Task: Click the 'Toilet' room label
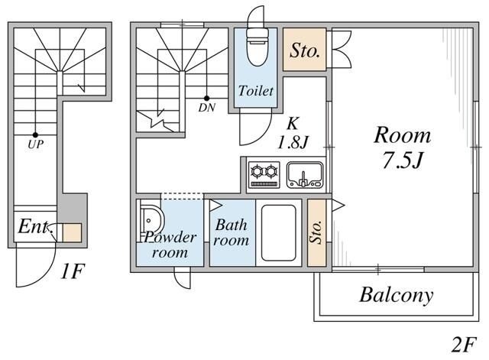pos(255,92)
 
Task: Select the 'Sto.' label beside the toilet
pos(305,50)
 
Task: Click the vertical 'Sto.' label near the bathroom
pos(316,232)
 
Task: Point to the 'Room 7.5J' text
pos(402,148)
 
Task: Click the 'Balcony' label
pos(396,295)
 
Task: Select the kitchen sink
pos(305,176)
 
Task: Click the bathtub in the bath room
pos(279,233)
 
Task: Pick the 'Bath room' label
pos(231,232)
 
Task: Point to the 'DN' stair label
pos(206,108)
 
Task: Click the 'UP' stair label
pos(35,142)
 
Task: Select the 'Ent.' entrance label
pos(34,228)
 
